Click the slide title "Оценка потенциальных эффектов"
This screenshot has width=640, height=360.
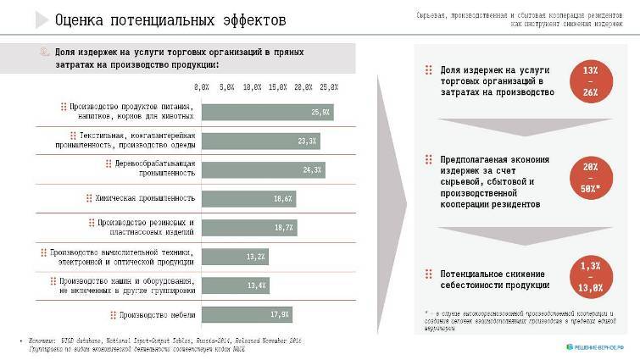[170, 19]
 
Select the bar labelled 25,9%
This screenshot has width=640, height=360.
[267, 111]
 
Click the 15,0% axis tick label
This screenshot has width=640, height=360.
[278, 87]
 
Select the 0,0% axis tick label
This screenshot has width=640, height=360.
[202, 87]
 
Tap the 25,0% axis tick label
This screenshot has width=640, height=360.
[330, 87]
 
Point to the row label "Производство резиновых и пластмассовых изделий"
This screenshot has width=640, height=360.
[147, 227]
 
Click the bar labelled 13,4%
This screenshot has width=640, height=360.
[235, 286]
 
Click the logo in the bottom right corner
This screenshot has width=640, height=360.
[593, 346]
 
